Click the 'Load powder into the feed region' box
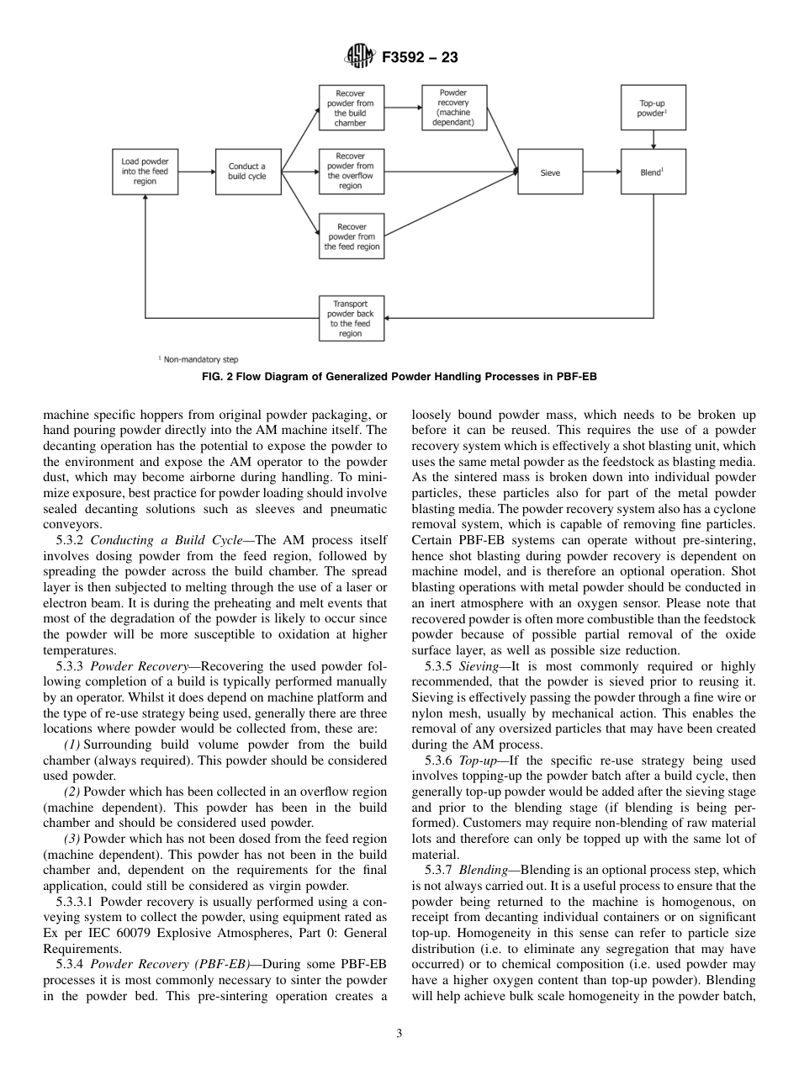tap(145, 172)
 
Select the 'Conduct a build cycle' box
tap(247, 172)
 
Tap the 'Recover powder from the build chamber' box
tap(351, 108)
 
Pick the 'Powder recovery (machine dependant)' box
tap(454, 108)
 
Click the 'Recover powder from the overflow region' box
tap(351, 171)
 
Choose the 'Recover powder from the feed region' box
tap(351, 236)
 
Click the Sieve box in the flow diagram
tap(550, 172)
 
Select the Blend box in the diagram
tap(653, 172)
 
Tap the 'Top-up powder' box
tap(653, 108)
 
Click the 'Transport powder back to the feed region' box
tap(351, 318)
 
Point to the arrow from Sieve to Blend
tap(601, 172)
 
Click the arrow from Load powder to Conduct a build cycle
tap(197, 172)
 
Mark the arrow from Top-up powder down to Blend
tap(653, 140)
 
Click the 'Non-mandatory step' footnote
tap(200, 359)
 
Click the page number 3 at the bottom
tap(399, 1034)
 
